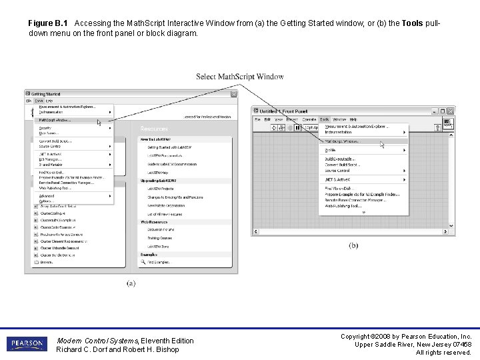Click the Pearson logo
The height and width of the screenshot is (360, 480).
point(27,344)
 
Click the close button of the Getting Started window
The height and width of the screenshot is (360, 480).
point(233,94)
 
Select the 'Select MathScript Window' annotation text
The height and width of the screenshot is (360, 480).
point(239,77)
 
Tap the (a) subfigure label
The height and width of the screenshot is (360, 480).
point(131,283)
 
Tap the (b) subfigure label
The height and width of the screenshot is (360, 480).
point(353,245)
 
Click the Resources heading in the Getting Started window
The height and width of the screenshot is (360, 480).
point(154,128)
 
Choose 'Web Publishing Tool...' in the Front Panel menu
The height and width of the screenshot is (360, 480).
point(343,206)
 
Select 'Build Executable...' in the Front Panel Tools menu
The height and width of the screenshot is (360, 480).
point(341,159)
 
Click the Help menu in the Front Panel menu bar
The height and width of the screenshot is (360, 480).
point(353,119)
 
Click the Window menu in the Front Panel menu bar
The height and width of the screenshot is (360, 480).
point(339,119)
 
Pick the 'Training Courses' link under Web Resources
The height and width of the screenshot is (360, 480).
point(160,238)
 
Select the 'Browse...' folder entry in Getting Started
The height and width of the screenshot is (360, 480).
point(47,262)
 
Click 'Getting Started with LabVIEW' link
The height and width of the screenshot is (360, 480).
point(169,147)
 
